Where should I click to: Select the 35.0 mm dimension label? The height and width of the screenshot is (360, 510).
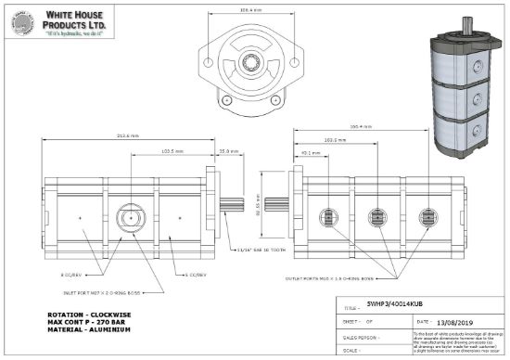point(225,149)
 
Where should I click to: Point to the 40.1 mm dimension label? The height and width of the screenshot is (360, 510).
point(312,155)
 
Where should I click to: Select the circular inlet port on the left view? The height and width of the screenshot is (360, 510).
point(128,219)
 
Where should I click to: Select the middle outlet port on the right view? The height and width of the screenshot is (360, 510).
point(378,219)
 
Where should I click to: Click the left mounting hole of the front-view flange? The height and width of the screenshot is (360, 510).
point(204,63)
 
